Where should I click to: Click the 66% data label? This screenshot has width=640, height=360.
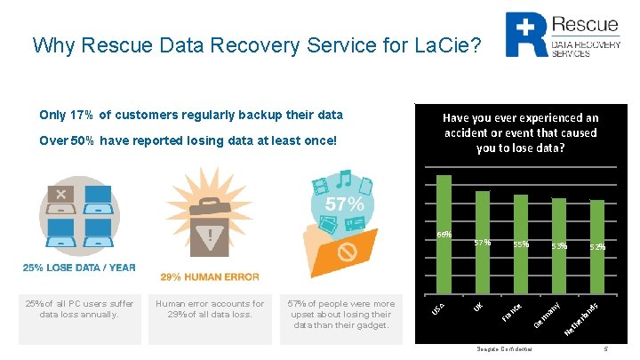(444, 235)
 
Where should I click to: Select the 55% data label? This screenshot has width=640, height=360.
(521, 244)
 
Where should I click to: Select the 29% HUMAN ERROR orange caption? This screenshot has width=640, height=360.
(210, 277)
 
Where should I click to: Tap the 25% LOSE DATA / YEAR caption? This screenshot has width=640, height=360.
(79, 268)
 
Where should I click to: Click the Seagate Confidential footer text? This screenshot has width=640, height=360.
(505, 349)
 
